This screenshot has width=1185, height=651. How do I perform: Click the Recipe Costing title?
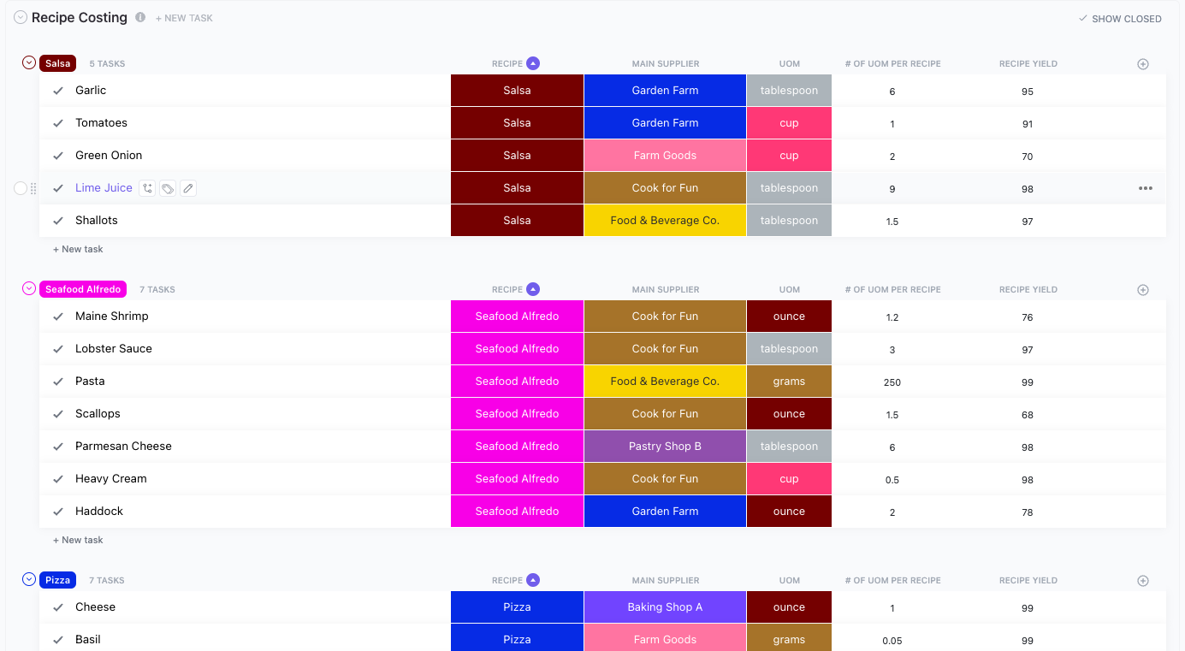[80, 18]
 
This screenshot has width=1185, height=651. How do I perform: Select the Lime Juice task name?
[104, 188]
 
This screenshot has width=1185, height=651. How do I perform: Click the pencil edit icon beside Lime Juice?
[188, 188]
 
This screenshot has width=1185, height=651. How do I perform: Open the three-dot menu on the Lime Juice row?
[1145, 188]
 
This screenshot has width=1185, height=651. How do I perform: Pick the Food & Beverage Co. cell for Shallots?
[665, 221]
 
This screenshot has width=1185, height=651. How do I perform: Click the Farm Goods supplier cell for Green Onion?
[665, 156]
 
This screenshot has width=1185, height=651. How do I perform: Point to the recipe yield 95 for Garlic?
[1027, 92]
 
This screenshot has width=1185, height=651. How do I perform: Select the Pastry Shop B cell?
[665, 447]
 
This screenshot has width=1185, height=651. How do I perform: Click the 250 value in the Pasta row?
[892, 382]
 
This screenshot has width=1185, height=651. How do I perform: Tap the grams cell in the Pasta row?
[789, 382]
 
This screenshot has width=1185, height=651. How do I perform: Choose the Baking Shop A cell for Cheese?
[665, 607]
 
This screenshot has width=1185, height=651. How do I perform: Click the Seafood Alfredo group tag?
[83, 289]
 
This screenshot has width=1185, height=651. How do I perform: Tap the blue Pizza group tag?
[57, 580]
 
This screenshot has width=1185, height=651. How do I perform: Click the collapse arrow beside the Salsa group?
[29, 62]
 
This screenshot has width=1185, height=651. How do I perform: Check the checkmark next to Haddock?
[58, 512]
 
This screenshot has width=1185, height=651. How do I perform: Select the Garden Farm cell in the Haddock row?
[665, 512]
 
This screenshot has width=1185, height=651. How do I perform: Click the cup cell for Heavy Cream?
[789, 479]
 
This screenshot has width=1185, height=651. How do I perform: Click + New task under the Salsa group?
[78, 249]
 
